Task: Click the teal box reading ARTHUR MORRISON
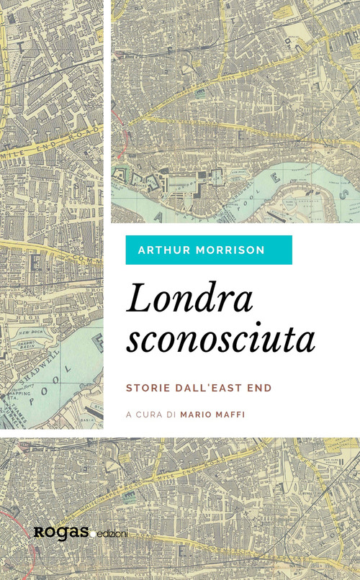click(x=208, y=250)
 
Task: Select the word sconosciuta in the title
click(x=220, y=338)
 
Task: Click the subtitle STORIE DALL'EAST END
click(x=199, y=387)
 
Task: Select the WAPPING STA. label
click(x=20, y=396)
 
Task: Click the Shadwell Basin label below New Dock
click(x=29, y=345)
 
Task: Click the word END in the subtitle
click(x=259, y=387)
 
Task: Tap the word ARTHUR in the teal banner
click(x=162, y=250)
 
